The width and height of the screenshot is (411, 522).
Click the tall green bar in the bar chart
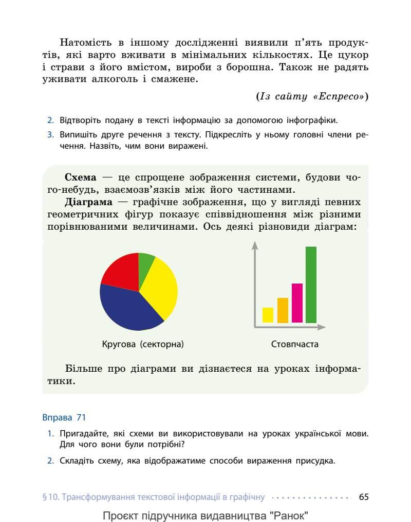click(311, 285)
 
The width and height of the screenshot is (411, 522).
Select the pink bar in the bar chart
click(297, 303)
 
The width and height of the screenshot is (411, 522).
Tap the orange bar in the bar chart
click(283, 310)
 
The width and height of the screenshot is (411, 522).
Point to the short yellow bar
click(268, 315)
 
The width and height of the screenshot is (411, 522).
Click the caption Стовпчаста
click(294, 344)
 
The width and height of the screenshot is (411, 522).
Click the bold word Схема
click(80, 177)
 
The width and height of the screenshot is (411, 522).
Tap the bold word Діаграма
click(88, 202)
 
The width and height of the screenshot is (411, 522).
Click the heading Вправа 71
click(64, 417)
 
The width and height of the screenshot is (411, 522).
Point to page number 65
click(364, 496)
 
